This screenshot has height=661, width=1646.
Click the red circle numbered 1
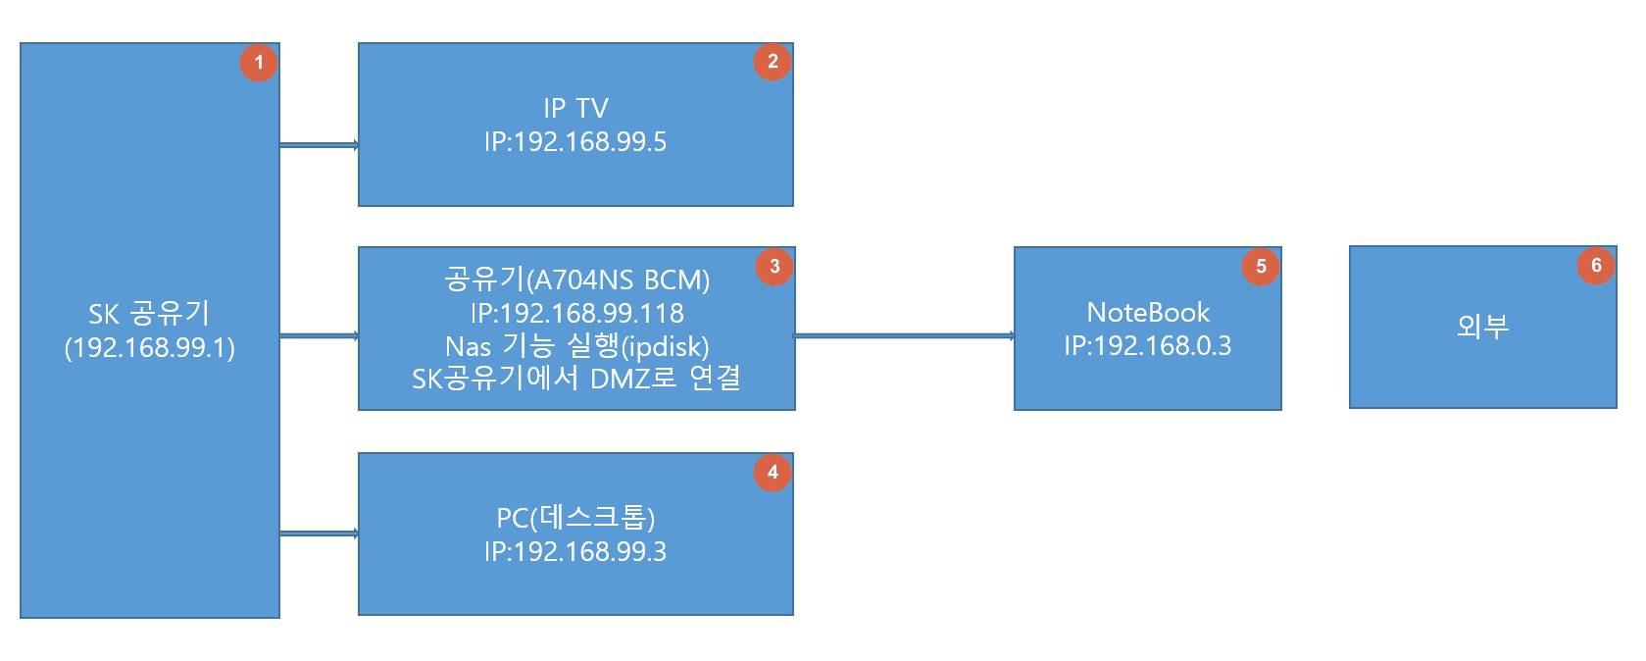(259, 63)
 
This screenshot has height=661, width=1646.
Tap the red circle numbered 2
(773, 62)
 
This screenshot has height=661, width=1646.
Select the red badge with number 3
(774, 266)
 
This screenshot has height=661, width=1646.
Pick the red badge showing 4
(773, 472)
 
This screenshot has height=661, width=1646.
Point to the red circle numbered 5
(1261, 266)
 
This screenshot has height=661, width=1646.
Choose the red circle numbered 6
(1596, 266)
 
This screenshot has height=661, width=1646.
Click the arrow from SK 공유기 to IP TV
(319, 145)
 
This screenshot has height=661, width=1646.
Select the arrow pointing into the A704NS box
(319, 336)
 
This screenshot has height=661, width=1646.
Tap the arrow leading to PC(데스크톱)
(319, 534)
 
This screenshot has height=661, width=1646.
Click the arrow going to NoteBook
(905, 336)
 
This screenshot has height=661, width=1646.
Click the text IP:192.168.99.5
(575, 142)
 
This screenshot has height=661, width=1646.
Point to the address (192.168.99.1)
(150, 348)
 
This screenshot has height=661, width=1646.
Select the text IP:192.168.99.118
(576, 314)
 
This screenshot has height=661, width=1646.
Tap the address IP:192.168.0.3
(1148, 345)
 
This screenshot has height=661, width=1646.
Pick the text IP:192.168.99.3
(575, 551)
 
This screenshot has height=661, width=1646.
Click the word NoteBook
(1148, 313)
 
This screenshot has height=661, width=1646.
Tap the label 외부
(1483, 326)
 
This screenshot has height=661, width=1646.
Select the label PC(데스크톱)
(575, 518)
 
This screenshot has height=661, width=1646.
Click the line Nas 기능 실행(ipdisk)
(576, 346)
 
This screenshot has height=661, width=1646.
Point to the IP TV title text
(576, 109)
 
